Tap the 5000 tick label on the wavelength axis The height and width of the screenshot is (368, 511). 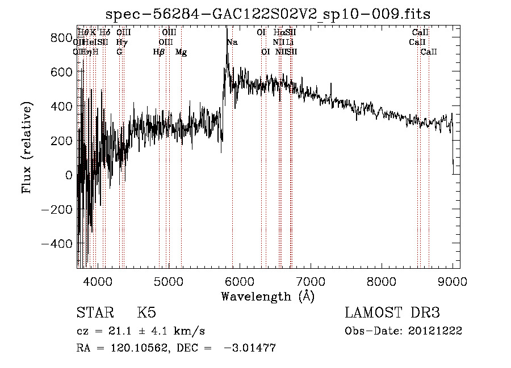169,281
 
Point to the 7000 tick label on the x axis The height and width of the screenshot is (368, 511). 311,281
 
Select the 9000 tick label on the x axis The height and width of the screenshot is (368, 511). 453,281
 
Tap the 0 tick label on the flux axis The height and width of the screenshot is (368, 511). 68,175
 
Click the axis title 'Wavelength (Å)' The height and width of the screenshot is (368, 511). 267,296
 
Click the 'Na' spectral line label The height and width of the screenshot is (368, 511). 232,42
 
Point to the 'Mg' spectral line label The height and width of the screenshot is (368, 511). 181,52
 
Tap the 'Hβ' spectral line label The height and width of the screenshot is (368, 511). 159,52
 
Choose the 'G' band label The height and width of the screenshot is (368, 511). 119,52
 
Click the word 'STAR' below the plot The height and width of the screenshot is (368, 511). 94,313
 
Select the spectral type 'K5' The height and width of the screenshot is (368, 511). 146,313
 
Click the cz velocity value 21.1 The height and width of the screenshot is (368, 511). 120,331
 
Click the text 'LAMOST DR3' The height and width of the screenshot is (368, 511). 392,313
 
